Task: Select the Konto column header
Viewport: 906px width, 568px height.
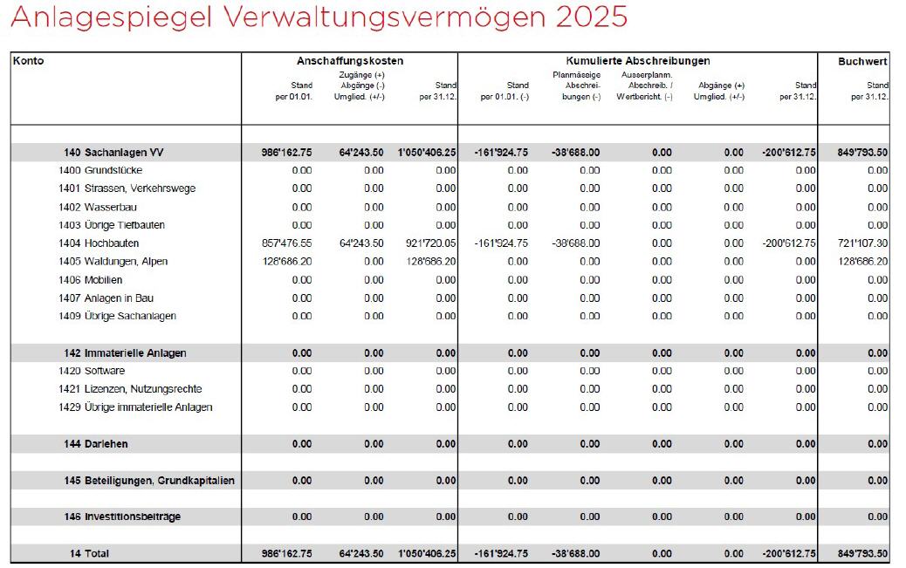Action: [28, 61]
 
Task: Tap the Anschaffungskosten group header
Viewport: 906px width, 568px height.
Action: [349, 61]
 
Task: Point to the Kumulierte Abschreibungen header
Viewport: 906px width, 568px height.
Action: [637, 61]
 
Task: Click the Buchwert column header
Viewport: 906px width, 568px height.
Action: [862, 61]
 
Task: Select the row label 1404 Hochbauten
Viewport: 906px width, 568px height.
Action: [99, 243]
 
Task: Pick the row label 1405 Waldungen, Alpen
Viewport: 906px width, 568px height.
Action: [113, 262]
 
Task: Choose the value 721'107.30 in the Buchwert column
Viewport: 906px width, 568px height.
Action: [862, 243]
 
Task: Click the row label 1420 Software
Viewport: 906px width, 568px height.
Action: [92, 371]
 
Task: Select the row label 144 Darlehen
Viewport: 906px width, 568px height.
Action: [95, 444]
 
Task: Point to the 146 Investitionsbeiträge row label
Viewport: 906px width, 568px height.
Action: [122, 517]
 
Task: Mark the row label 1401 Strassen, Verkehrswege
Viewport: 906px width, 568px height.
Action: [127, 188]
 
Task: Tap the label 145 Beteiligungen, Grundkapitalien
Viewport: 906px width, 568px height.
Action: [148, 481]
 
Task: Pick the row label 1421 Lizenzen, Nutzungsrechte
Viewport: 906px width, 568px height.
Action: [130, 389]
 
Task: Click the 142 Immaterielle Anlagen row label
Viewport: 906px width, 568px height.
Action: [125, 353]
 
